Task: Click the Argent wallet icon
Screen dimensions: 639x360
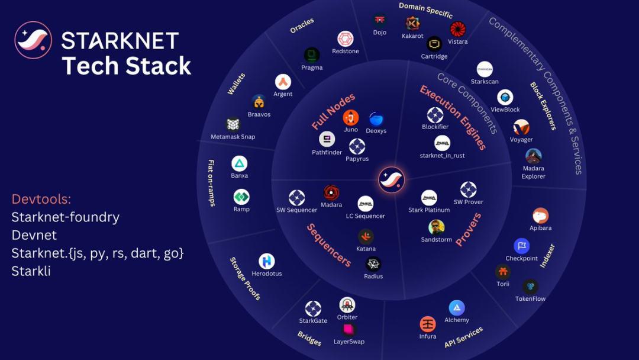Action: coord(283,82)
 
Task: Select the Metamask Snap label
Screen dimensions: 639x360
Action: coord(233,137)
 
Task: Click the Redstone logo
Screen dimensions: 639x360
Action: coord(345,39)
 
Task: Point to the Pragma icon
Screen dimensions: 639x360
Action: coord(312,55)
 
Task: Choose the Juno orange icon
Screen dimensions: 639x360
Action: coord(350,118)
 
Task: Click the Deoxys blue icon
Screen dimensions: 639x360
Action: coord(376,119)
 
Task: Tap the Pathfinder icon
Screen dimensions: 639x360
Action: coord(327,139)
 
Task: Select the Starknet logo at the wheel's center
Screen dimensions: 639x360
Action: coord(391,179)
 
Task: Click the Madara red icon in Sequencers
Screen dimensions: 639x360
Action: coord(331,193)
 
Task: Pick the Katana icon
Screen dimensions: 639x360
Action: coord(366,236)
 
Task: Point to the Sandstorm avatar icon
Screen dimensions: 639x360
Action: coord(436,227)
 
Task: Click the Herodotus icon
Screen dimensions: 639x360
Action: coord(266,261)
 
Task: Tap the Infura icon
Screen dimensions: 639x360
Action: coord(428,324)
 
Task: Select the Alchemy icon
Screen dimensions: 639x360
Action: coord(456,308)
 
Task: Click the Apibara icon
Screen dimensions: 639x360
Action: coord(540,216)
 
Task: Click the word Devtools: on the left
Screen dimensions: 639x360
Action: coord(41,199)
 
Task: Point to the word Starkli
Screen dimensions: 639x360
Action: coord(31,271)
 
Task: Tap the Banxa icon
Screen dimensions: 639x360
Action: coord(239,163)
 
